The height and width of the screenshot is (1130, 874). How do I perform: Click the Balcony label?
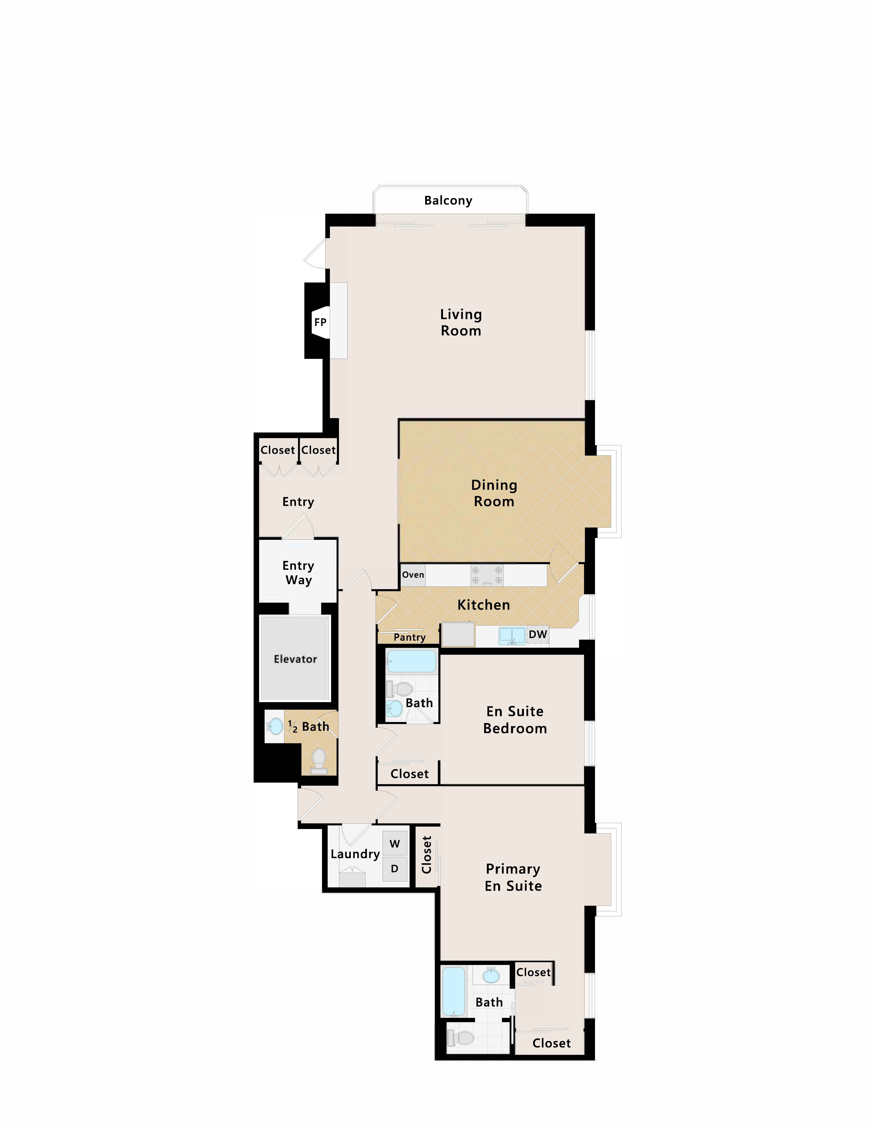click(x=448, y=201)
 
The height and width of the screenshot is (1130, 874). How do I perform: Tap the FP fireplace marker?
click(x=320, y=322)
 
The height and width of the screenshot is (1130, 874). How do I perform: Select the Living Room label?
click(x=461, y=322)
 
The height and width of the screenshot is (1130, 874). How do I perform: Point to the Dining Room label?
click(x=494, y=493)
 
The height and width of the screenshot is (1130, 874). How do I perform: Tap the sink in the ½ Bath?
click(x=276, y=726)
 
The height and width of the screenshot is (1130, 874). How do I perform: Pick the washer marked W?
click(x=394, y=844)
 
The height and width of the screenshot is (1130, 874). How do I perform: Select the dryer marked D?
click(x=394, y=869)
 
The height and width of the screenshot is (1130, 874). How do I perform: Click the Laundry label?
click(x=355, y=854)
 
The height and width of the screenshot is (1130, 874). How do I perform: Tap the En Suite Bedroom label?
click(x=515, y=720)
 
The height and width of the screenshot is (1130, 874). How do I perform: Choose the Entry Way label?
click(x=298, y=573)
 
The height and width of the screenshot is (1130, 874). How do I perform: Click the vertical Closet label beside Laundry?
click(x=427, y=855)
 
